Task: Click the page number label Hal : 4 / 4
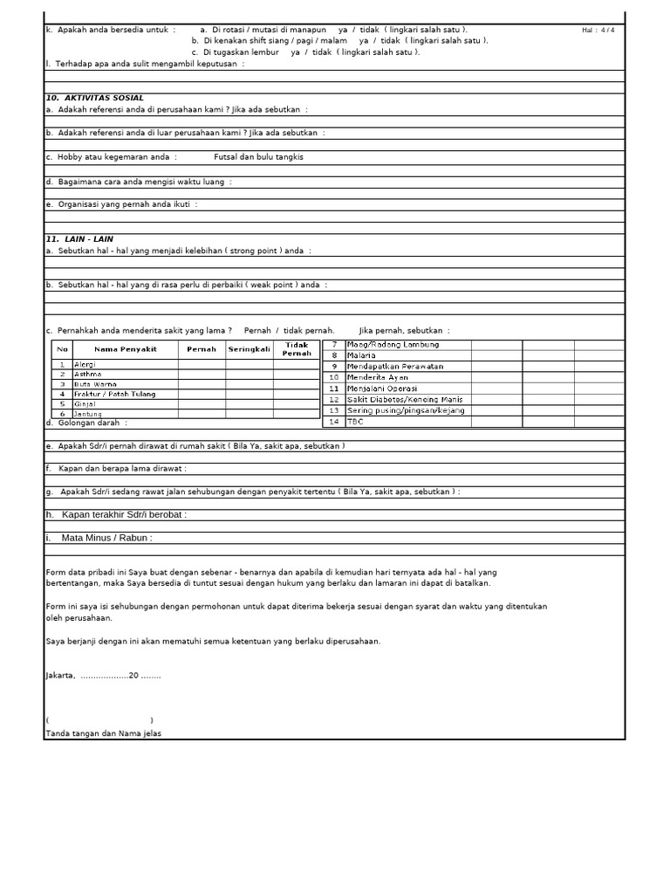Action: [598, 31]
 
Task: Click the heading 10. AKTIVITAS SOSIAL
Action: [94, 98]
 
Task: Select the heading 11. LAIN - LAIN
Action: [79, 238]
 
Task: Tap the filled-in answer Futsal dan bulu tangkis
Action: [259, 157]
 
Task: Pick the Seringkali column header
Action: [250, 349]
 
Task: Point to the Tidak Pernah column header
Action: [297, 349]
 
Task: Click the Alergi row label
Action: [85, 364]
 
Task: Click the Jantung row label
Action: [88, 414]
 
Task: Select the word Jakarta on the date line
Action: [59, 676]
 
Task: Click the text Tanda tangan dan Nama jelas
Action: [103, 733]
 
